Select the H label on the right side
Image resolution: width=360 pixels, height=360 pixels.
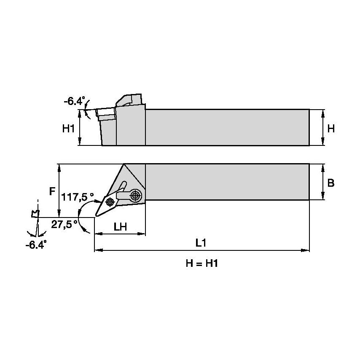tap(331, 129)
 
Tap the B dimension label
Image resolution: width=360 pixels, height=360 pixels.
tap(331, 183)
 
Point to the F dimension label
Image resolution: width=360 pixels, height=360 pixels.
tap(52, 191)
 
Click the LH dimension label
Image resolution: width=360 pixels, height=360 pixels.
tap(120, 227)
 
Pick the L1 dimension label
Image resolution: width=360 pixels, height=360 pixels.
tap(201, 243)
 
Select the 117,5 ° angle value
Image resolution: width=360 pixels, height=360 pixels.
tap(78, 197)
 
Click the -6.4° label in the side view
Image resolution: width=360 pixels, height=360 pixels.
tap(74, 102)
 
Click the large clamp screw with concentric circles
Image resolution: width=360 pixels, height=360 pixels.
tap(135, 195)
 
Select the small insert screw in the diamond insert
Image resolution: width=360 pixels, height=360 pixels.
tap(110, 201)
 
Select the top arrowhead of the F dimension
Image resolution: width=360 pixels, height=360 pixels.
tap(60, 167)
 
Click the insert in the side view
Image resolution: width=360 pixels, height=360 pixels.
tap(106, 113)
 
